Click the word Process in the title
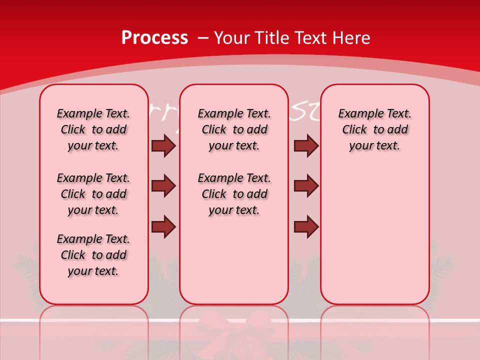(x=154, y=38)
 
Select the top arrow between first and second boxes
(x=163, y=146)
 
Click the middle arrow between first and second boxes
(x=163, y=186)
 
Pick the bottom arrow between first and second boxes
(x=163, y=226)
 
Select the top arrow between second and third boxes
(x=306, y=146)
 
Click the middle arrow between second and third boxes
(x=306, y=186)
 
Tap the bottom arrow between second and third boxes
(x=306, y=226)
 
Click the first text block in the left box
(x=93, y=129)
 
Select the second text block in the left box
(x=93, y=194)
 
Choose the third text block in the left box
(x=93, y=255)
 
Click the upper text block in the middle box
(x=234, y=129)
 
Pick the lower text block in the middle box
(x=234, y=194)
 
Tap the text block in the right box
(x=374, y=129)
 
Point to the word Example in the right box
(x=356, y=114)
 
